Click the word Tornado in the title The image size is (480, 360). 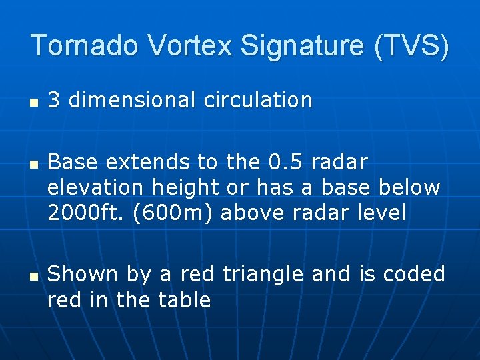(85, 45)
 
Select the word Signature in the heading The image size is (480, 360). (304, 45)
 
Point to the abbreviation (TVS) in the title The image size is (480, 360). (413, 45)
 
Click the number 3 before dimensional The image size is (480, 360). (54, 100)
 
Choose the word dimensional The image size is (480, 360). (131, 100)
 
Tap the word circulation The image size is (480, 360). (258, 100)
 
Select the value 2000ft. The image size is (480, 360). (83, 213)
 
